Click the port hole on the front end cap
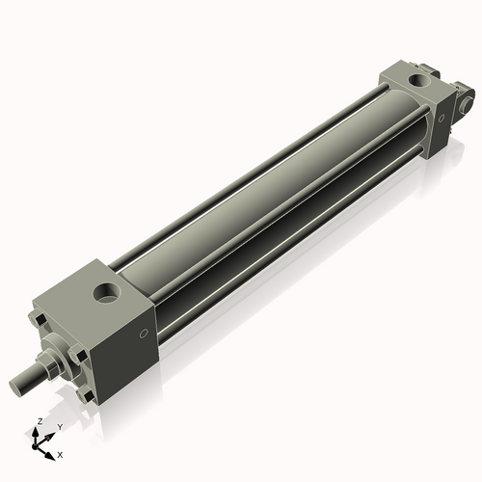[x=106, y=293]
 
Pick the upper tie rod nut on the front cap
[x=39, y=319]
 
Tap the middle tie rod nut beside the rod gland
[x=76, y=355]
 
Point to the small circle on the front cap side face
[x=144, y=334]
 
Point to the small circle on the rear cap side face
[x=441, y=118]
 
